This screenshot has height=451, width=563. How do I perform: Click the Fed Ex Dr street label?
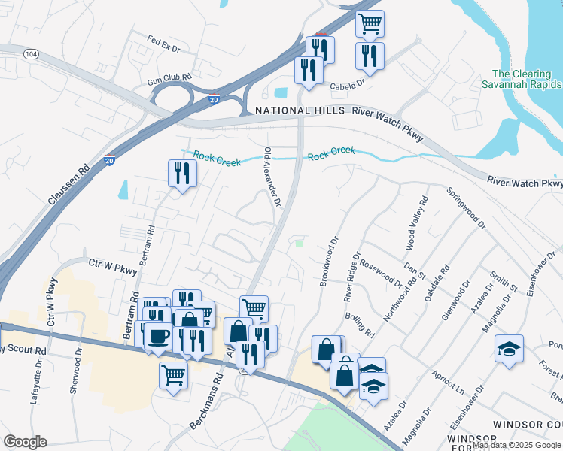[x=164, y=44]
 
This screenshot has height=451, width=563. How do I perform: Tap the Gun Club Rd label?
[x=169, y=77]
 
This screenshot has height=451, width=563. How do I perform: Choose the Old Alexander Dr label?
[x=272, y=177]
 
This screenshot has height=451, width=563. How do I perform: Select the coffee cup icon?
[x=158, y=336]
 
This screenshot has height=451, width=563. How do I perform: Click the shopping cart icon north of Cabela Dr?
[x=370, y=23]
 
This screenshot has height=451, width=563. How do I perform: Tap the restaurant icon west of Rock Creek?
[x=182, y=174]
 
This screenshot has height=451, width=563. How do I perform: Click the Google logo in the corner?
[x=26, y=442]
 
